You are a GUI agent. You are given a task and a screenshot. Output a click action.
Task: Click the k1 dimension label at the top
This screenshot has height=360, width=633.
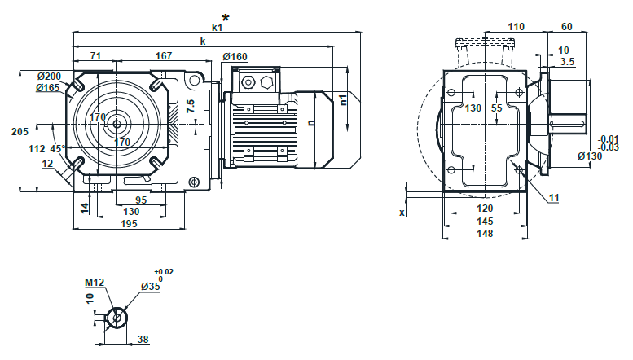pyautogui.click(x=217, y=27)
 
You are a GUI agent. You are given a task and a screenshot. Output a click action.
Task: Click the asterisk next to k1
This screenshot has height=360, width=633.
pyautogui.click(x=226, y=17)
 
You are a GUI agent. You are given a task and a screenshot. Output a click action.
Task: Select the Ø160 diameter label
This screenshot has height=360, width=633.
pyautogui.click(x=235, y=57)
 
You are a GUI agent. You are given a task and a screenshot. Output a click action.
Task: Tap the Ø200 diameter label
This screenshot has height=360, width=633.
pyautogui.click(x=50, y=77)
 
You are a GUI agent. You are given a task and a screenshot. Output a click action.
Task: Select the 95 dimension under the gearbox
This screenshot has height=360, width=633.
pyautogui.click(x=140, y=200)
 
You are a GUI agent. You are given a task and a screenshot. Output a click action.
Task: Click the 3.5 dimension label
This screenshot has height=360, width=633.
pyautogui.click(x=567, y=61)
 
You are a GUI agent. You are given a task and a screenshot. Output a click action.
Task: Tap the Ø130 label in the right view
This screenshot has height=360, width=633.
pyautogui.click(x=589, y=156)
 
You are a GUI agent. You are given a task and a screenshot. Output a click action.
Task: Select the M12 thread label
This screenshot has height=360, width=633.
pyautogui.click(x=95, y=283)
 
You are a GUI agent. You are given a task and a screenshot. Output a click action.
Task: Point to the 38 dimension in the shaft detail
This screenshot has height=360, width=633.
pyautogui.click(x=143, y=338)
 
